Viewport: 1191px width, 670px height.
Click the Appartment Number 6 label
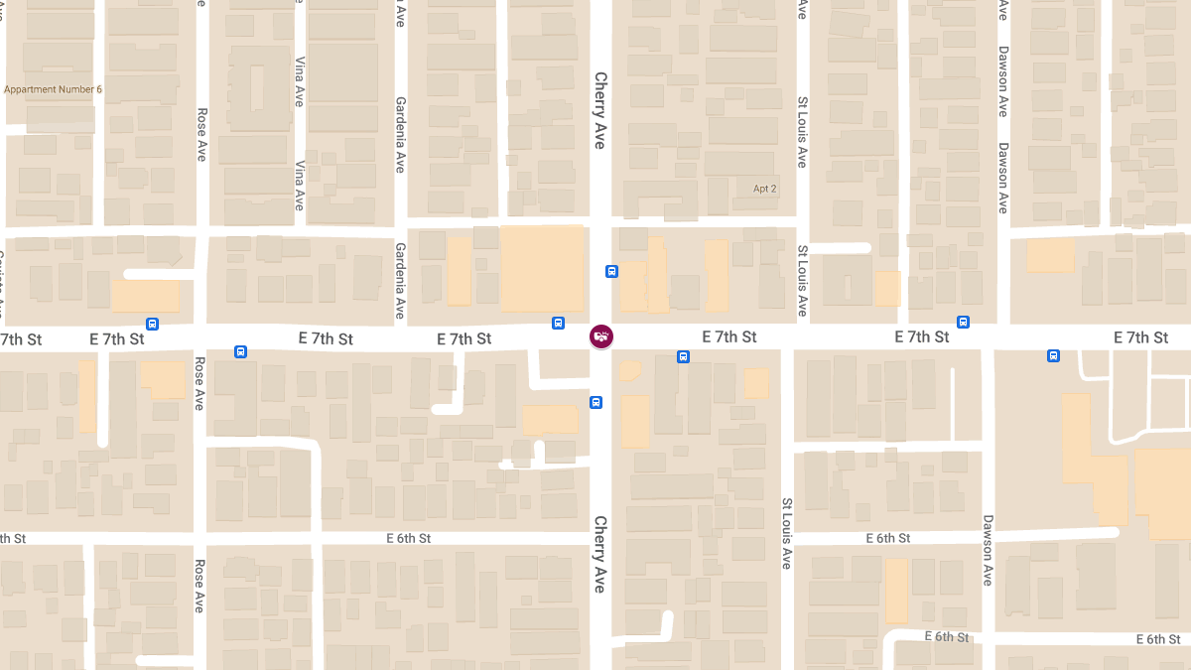(x=54, y=89)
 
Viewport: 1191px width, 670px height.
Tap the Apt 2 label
(x=764, y=189)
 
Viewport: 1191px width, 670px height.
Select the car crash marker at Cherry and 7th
(x=601, y=336)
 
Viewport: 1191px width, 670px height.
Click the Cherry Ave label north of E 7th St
(x=599, y=110)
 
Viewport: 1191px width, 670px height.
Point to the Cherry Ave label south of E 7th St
(x=599, y=554)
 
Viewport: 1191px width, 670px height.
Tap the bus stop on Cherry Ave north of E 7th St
(x=612, y=271)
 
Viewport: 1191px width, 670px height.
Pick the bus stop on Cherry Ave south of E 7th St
(x=595, y=402)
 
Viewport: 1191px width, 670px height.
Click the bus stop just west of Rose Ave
(x=152, y=323)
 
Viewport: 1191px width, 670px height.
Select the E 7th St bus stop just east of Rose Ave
(x=240, y=351)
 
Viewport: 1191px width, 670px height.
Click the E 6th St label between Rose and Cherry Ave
(x=409, y=538)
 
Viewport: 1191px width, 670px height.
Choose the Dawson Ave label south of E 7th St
(x=988, y=549)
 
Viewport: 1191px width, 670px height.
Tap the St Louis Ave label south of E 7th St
(x=786, y=533)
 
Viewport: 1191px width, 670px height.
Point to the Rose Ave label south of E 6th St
(x=199, y=586)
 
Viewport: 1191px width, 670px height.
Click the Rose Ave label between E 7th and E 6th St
(x=199, y=384)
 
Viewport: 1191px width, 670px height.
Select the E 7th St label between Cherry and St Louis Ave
(x=729, y=337)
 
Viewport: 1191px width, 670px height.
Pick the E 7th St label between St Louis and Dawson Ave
(x=921, y=337)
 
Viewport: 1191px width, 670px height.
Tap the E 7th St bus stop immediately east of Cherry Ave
(x=683, y=356)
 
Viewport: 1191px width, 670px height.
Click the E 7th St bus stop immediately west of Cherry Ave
(x=559, y=323)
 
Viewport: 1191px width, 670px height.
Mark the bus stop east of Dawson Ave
(x=1053, y=355)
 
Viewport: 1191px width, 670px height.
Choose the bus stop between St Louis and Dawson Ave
(x=963, y=322)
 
